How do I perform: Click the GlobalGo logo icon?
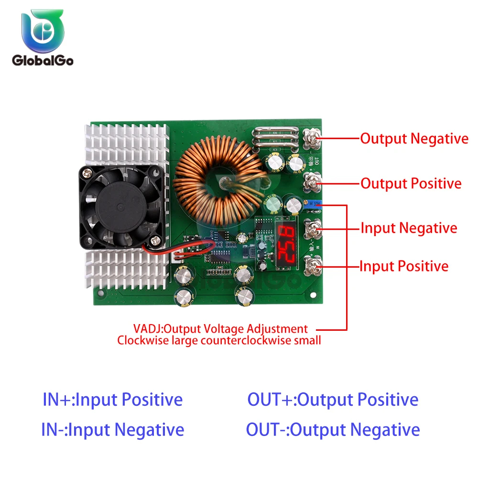tap(43, 32)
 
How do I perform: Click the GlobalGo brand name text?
tap(43, 61)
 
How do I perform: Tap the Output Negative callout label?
tap(414, 139)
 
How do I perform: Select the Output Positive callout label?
tap(411, 184)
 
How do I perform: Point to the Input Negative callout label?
tap(408, 228)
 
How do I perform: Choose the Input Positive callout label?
tap(404, 266)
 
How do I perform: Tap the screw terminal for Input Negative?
tap(314, 228)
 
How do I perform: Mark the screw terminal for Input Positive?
tap(314, 266)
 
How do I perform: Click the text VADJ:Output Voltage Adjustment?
tap(220, 329)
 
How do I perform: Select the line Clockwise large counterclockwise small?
tap(219, 340)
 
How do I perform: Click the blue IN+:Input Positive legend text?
tap(113, 400)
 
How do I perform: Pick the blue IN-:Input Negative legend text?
tap(113, 430)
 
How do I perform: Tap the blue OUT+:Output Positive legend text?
tap(333, 400)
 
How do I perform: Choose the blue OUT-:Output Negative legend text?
tap(333, 430)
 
